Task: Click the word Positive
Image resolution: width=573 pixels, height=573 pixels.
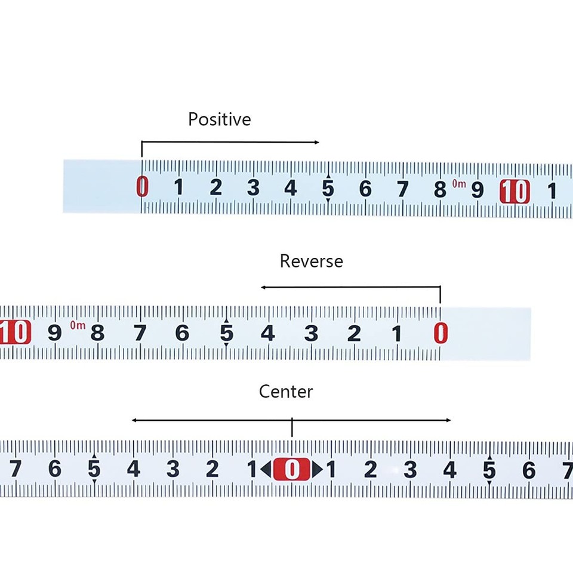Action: coord(219,119)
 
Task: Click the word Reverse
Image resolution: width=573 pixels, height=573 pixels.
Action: coord(312,261)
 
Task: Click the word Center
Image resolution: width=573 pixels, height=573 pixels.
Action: coord(286,392)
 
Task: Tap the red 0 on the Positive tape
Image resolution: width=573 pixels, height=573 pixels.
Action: coord(142,187)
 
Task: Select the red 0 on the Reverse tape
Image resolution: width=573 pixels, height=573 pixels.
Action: coord(440,333)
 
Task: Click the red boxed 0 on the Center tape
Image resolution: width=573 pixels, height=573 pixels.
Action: coord(292,469)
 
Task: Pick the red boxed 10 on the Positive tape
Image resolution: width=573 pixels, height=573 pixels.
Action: coord(515,192)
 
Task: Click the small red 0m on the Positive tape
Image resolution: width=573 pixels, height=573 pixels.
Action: coord(459,183)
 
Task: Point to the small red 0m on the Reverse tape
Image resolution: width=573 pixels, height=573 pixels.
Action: coord(78,325)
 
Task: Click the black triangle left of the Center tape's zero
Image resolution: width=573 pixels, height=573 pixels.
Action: coord(266,469)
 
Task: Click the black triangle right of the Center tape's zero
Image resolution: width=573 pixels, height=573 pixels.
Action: coord(318,470)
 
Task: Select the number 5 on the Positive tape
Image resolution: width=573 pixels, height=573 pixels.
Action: coord(328,189)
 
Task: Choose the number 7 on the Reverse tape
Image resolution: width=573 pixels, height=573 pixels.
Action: coord(140,333)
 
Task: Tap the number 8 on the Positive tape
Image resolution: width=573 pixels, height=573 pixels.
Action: coord(440,190)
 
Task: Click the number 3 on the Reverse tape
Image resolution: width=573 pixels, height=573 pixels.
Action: coord(311,333)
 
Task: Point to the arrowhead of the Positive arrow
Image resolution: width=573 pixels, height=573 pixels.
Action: coord(317,142)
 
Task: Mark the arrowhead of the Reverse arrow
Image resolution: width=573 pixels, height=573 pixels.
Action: coord(263,287)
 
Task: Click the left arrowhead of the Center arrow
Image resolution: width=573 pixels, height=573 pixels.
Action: coord(134,420)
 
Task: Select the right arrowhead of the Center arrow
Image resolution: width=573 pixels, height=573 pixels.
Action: coord(448,420)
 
